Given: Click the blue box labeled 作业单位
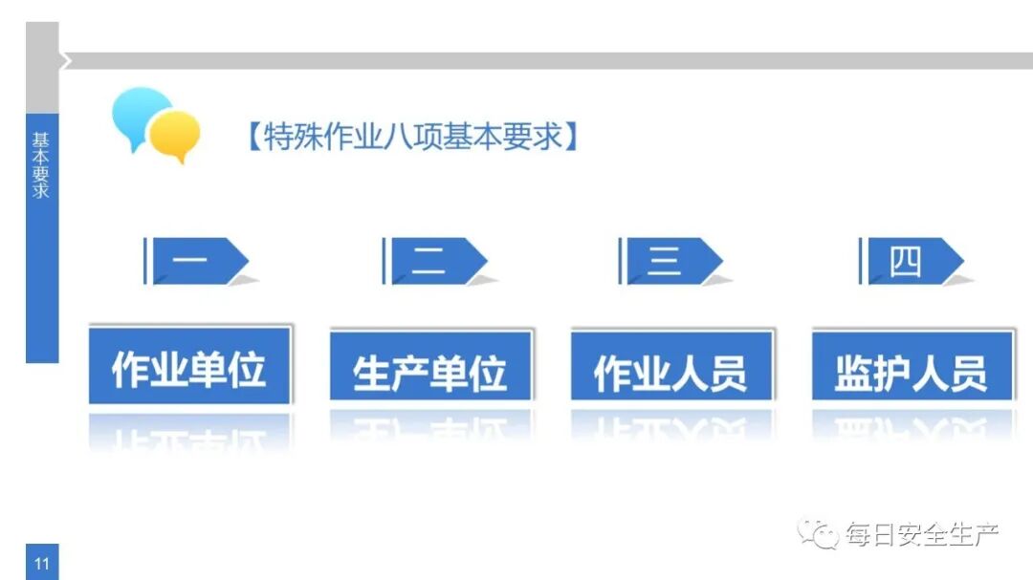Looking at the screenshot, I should (189, 369).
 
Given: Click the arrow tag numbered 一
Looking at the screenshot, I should (195, 261).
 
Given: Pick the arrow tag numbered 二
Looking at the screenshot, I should (434, 261).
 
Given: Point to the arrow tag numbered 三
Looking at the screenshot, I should (670, 261).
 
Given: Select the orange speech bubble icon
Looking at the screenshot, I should (177, 135).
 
